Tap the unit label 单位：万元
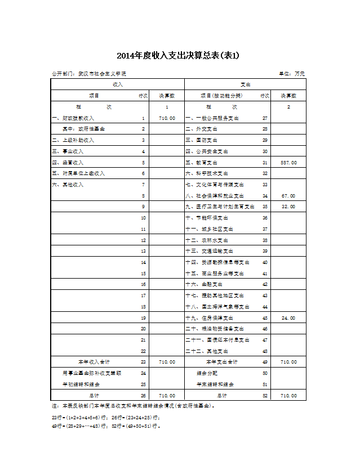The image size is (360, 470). (291, 74)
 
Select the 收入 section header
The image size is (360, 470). (118, 84)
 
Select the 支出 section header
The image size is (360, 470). (246, 84)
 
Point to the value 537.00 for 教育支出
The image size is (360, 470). (288, 163)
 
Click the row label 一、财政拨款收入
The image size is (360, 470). (73, 118)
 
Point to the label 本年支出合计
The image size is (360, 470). (222, 362)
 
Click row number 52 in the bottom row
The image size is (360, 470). (265, 396)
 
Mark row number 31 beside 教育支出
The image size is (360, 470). (265, 163)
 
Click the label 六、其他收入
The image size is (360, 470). (68, 185)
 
